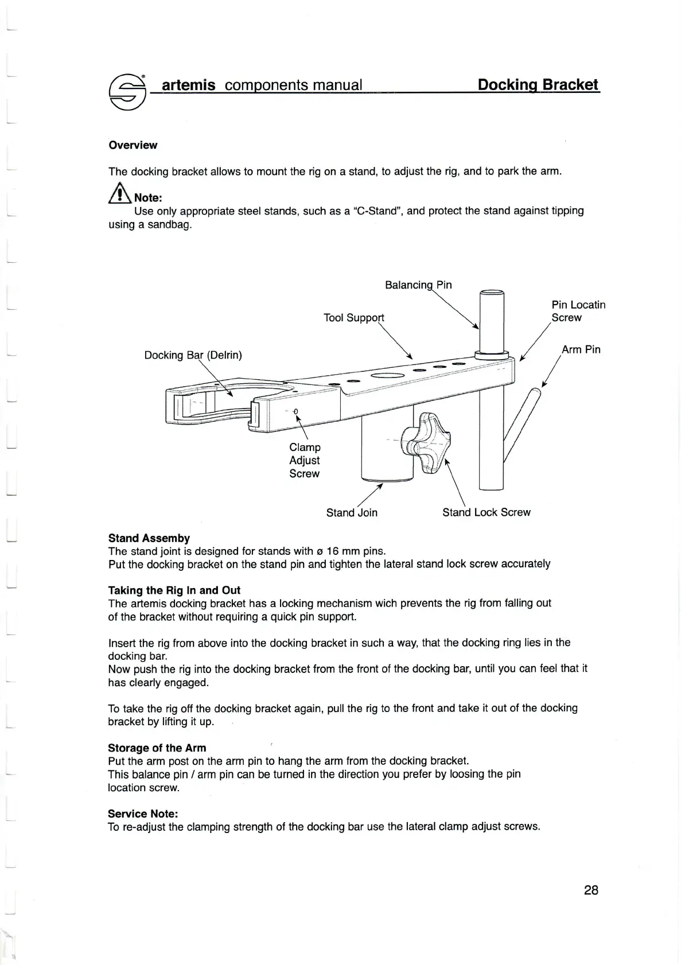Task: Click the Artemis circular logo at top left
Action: point(127,94)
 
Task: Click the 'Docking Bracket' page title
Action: point(538,85)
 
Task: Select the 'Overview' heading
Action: point(133,145)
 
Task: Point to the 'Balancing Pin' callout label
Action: point(418,285)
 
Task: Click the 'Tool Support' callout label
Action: point(353,318)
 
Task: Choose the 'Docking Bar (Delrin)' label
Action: point(193,355)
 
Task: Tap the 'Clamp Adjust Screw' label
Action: point(305,460)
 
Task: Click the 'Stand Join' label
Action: point(352,512)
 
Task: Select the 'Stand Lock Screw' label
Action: point(486,512)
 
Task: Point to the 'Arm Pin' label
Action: point(581,349)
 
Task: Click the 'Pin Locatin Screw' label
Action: point(578,311)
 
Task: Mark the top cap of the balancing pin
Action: point(492,293)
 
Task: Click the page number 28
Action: point(591,890)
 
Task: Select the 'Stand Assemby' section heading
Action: point(149,538)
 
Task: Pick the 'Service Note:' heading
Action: point(143,814)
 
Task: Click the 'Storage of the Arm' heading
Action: point(157,748)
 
